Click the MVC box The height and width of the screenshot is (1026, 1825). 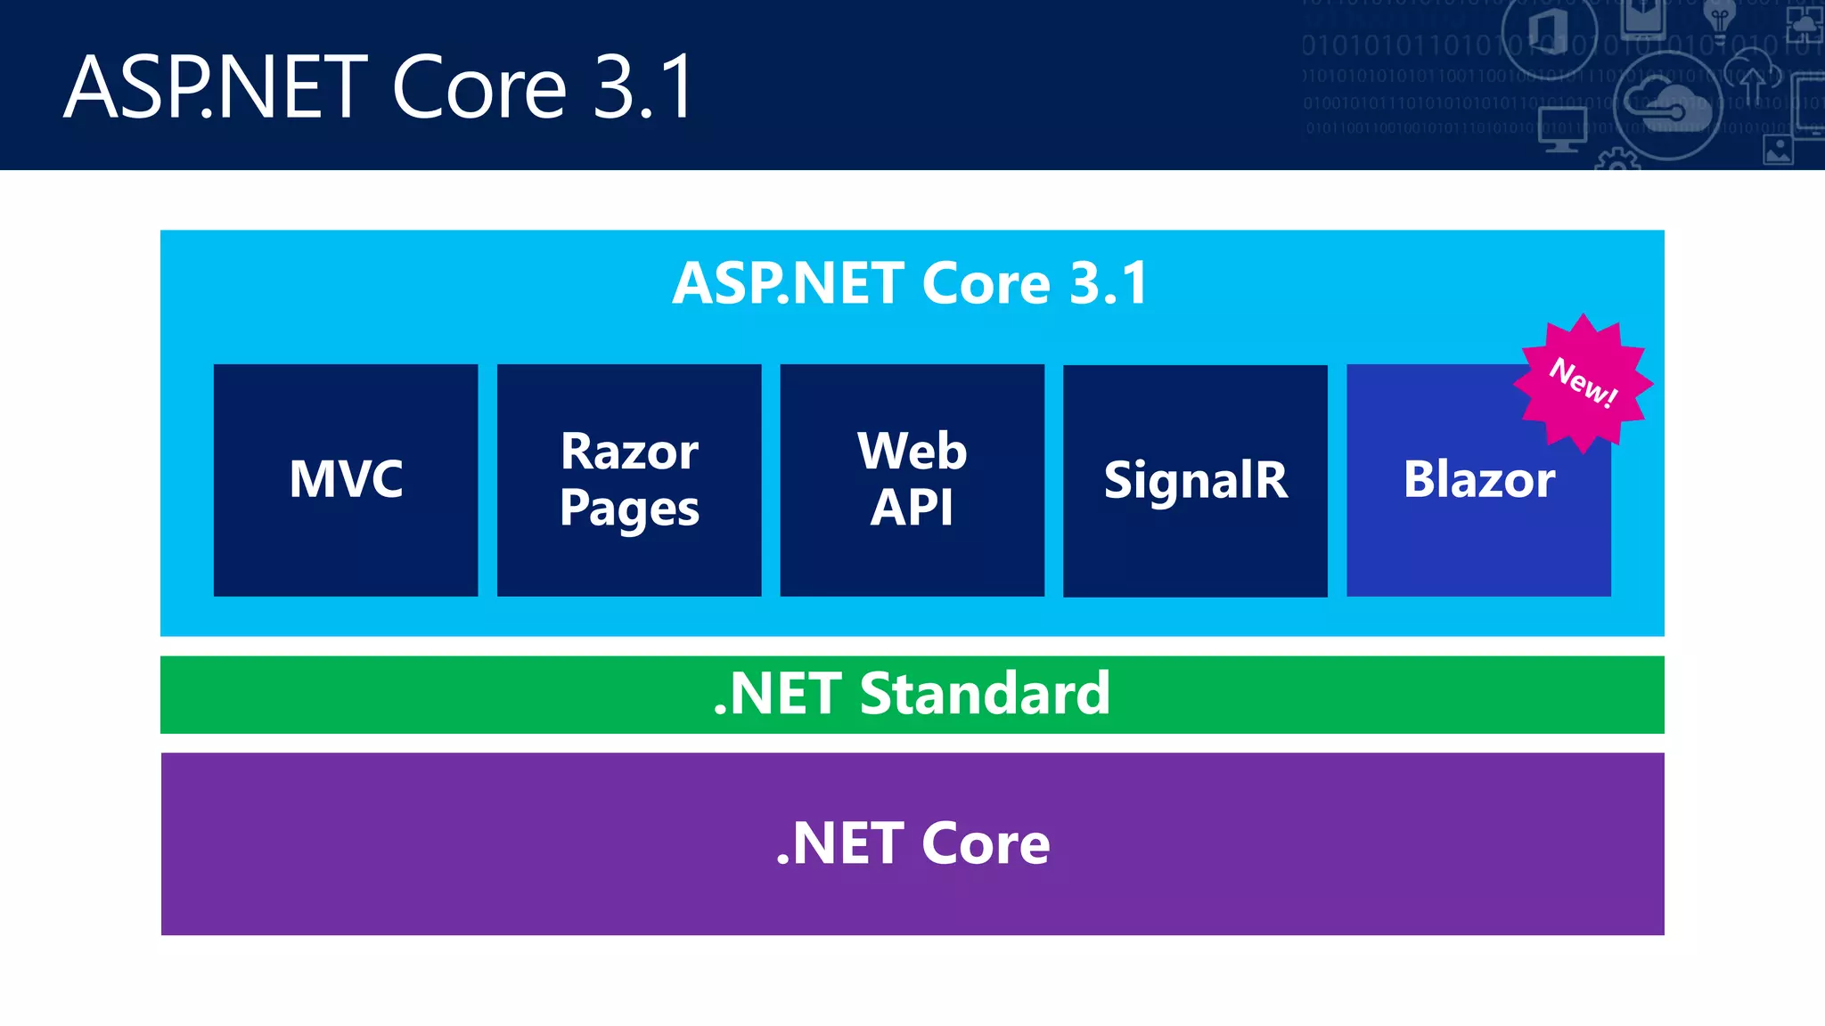346,479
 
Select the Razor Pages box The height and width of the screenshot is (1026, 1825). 629,479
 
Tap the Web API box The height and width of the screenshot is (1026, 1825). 912,479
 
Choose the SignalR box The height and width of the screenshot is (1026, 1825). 1195,481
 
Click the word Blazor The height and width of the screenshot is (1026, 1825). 1478,479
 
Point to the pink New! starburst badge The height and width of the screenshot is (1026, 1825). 1584,383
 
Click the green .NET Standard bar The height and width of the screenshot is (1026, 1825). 912,695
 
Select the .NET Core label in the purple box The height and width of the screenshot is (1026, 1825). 912,843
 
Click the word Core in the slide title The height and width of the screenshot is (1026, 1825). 479,87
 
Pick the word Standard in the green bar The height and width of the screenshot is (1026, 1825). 985,694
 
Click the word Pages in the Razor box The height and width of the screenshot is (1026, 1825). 629,509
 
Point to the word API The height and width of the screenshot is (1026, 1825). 912,509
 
